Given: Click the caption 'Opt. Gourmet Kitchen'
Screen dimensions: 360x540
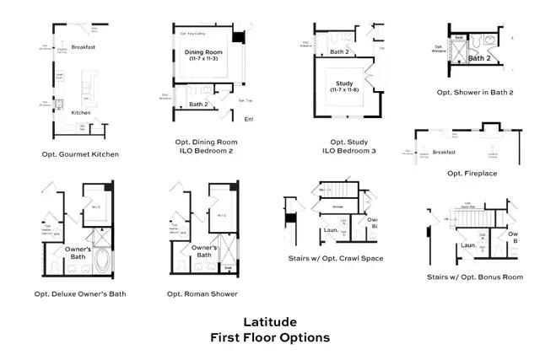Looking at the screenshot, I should click(x=81, y=154).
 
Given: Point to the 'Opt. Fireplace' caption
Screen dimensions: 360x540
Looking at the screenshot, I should click(x=472, y=173).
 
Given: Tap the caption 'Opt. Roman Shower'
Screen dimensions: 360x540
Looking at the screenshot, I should click(x=202, y=294).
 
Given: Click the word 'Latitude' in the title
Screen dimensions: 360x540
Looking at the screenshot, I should click(x=269, y=321).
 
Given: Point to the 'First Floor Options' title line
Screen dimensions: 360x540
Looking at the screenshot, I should click(x=269, y=337).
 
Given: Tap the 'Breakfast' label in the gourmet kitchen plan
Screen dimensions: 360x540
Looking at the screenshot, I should click(x=84, y=47).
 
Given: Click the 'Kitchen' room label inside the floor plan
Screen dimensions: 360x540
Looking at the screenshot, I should click(x=81, y=112).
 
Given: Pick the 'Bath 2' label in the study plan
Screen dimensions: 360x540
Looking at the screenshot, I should click(x=340, y=51).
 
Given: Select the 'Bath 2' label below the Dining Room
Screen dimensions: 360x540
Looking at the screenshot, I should click(x=198, y=104).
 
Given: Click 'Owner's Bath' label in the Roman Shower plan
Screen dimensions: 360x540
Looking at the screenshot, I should click(x=205, y=251).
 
